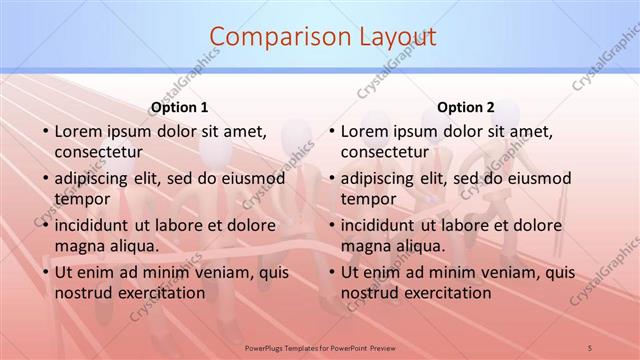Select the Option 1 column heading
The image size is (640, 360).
pyautogui.click(x=179, y=107)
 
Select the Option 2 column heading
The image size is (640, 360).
pyautogui.click(x=465, y=107)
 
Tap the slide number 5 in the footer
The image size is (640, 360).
pyautogui.click(x=589, y=347)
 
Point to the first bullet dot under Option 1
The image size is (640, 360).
pyautogui.click(x=44, y=132)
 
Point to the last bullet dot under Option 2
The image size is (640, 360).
pyautogui.click(x=330, y=273)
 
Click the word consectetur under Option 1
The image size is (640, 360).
pyautogui.click(x=98, y=153)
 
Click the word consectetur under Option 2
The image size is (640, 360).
pyautogui.click(x=384, y=153)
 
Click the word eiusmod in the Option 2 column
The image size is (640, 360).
pyautogui.click(x=541, y=178)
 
